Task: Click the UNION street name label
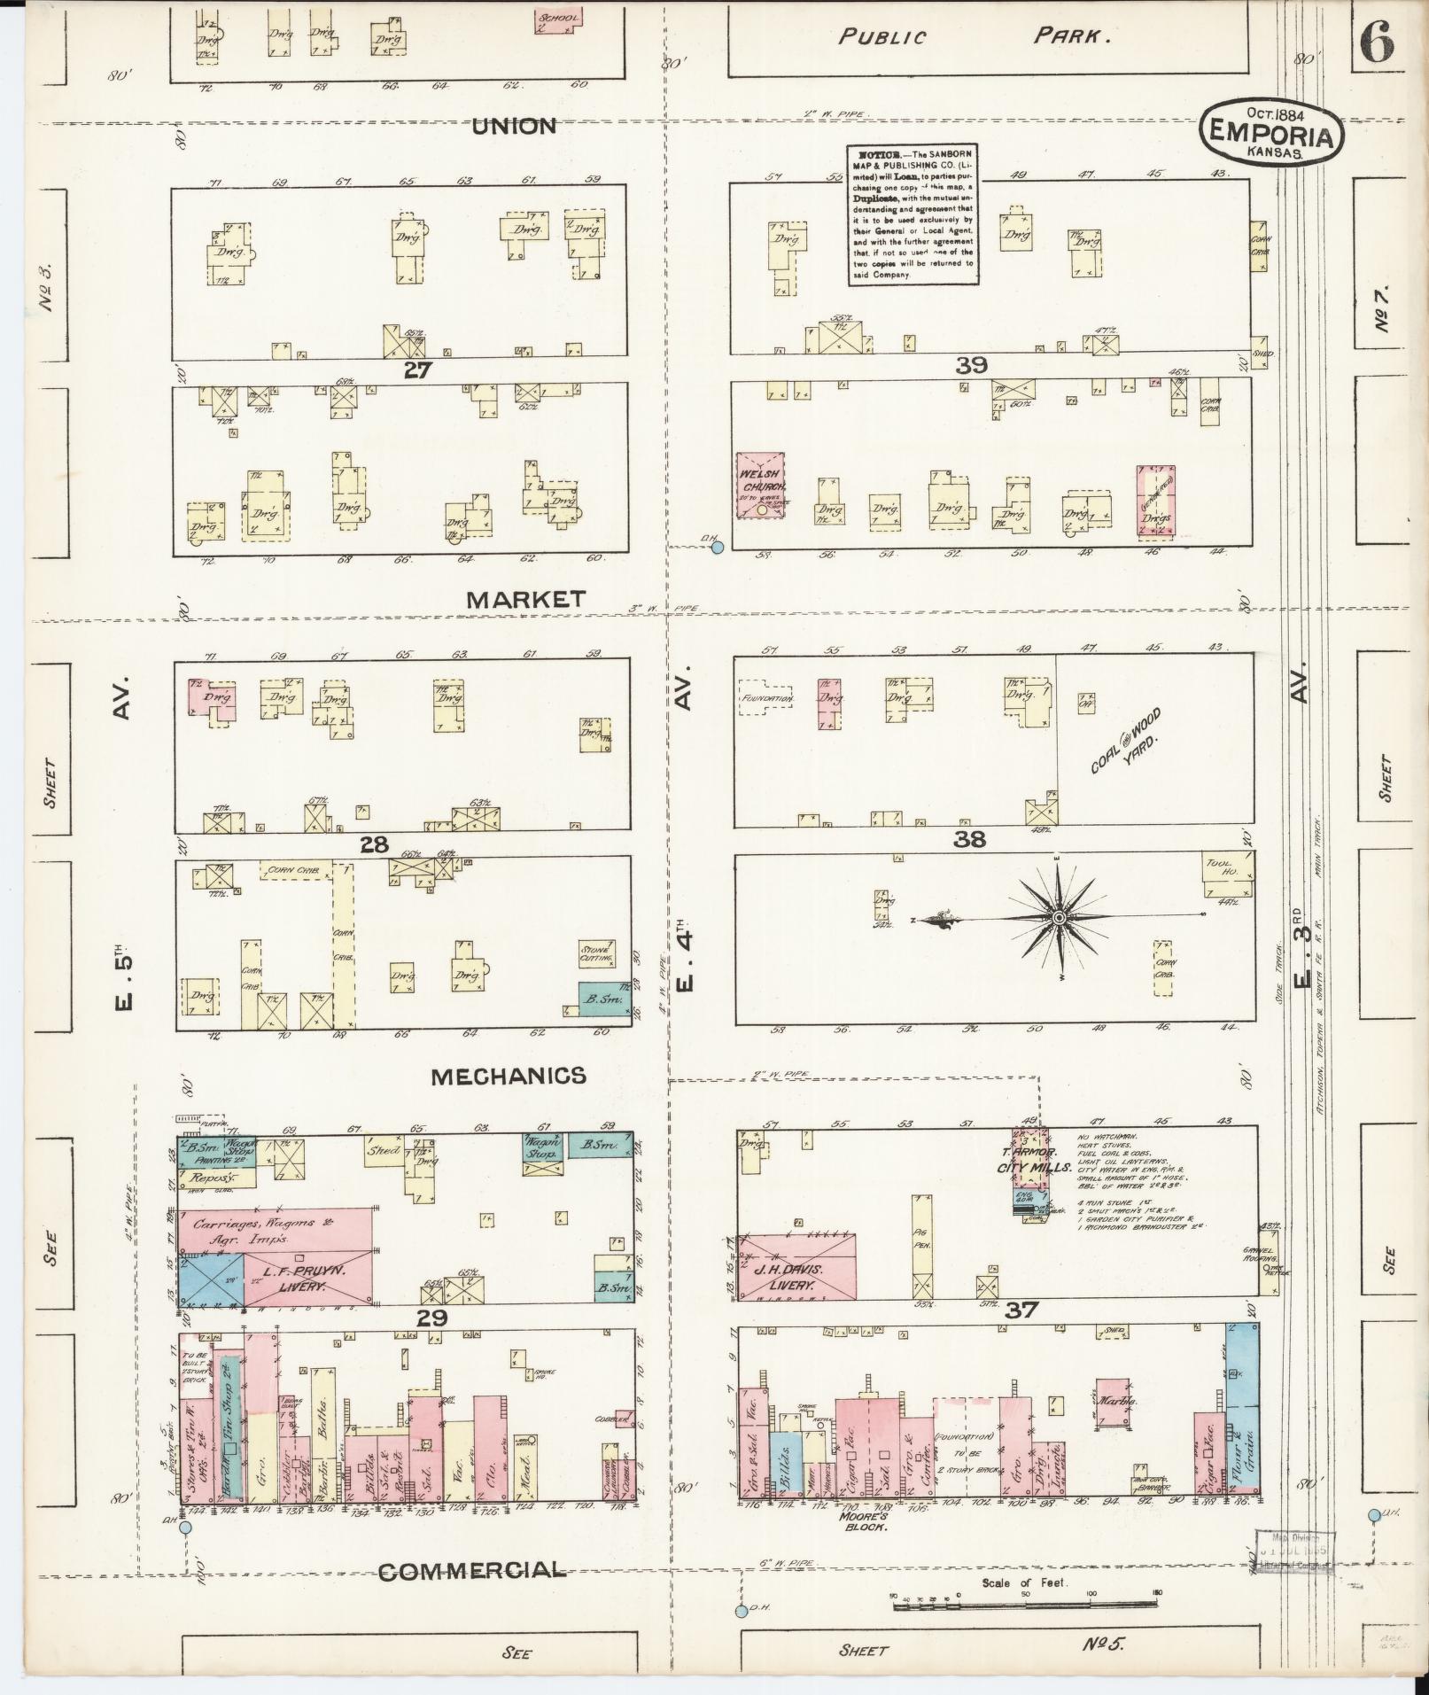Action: [x=515, y=127]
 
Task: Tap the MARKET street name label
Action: [x=526, y=600]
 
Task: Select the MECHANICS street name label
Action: [x=509, y=1076]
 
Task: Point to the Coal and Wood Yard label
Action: [x=1126, y=743]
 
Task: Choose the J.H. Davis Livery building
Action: [x=797, y=1268]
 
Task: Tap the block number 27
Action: [x=416, y=370]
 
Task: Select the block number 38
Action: [x=969, y=838]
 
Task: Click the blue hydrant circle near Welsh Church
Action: [x=718, y=548]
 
